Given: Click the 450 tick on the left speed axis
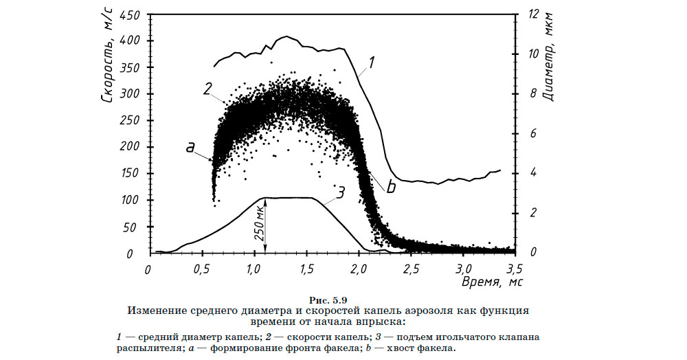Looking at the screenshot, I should (129, 14).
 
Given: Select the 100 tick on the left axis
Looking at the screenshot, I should (129, 201).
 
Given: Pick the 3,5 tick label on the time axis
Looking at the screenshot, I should (515, 267).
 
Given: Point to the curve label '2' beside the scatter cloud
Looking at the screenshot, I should (207, 88).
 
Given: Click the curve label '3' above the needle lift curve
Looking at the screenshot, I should (339, 190).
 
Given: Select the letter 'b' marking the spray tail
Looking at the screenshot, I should (390, 187).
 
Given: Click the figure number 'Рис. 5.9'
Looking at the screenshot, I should (330, 299).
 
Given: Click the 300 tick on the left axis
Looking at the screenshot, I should (129, 94).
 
